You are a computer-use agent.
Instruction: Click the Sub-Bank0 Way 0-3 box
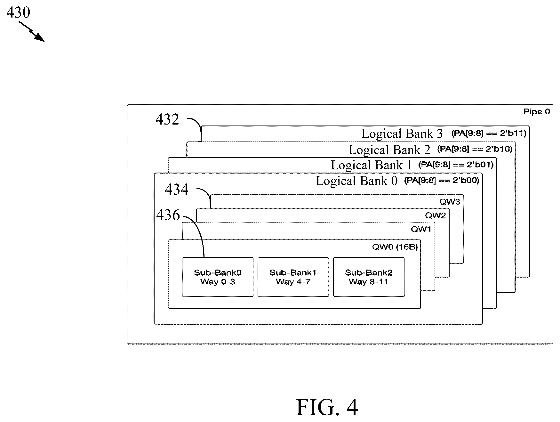(218, 277)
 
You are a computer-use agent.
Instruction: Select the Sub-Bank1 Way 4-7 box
(293, 277)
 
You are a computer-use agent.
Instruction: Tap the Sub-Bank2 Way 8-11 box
(369, 277)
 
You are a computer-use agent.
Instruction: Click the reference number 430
(18, 12)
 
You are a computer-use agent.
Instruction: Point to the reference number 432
(167, 119)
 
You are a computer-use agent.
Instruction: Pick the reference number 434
(177, 189)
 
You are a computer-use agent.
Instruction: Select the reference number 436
(168, 215)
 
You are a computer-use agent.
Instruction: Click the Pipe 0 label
(537, 112)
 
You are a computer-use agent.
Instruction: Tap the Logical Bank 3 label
(402, 134)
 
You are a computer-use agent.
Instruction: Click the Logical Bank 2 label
(389, 150)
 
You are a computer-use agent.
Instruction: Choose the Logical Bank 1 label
(371, 165)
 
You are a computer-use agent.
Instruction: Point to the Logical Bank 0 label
(356, 181)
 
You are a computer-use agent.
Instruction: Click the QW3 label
(450, 202)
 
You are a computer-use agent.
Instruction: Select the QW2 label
(435, 215)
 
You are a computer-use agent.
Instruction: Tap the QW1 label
(421, 229)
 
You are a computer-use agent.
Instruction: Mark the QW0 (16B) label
(395, 247)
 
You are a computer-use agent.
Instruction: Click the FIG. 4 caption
(327, 407)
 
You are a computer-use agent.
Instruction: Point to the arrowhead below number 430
(40, 38)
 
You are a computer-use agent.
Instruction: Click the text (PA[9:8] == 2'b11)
(489, 133)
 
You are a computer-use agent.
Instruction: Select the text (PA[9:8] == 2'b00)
(442, 181)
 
